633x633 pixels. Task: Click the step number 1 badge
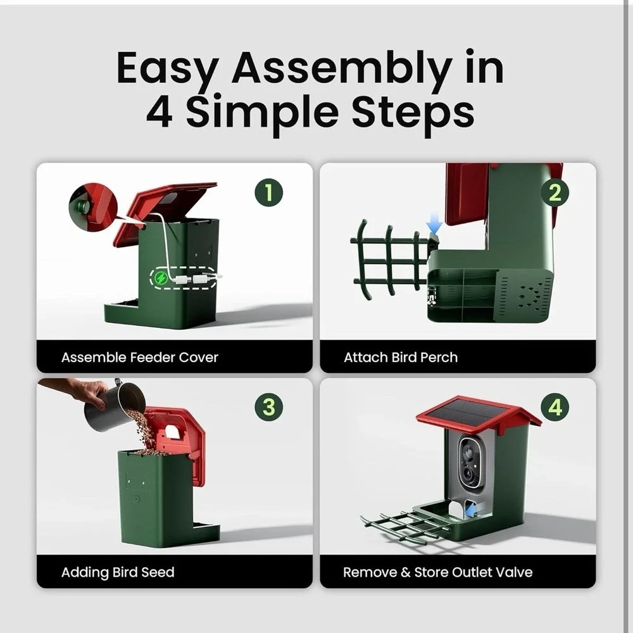[x=269, y=192]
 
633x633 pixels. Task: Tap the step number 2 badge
[x=555, y=192]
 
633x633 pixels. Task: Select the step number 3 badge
[x=269, y=407]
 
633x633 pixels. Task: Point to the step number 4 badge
[x=555, y=407]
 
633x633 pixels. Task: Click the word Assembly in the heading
[x=342, y=68]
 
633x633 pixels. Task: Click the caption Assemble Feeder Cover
[x=140, y=357]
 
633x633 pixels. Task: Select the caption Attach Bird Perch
[x=401, y=357]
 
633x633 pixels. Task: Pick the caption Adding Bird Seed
[x=118, y=572]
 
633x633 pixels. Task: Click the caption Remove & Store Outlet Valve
[x=437, y=572]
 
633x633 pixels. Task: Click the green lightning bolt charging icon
[x=161, y=278]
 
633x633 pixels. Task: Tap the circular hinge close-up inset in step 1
[x=93, y=208]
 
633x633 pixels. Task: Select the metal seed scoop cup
[x=115, y=405]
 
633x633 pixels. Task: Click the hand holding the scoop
[x=77, y=391]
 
